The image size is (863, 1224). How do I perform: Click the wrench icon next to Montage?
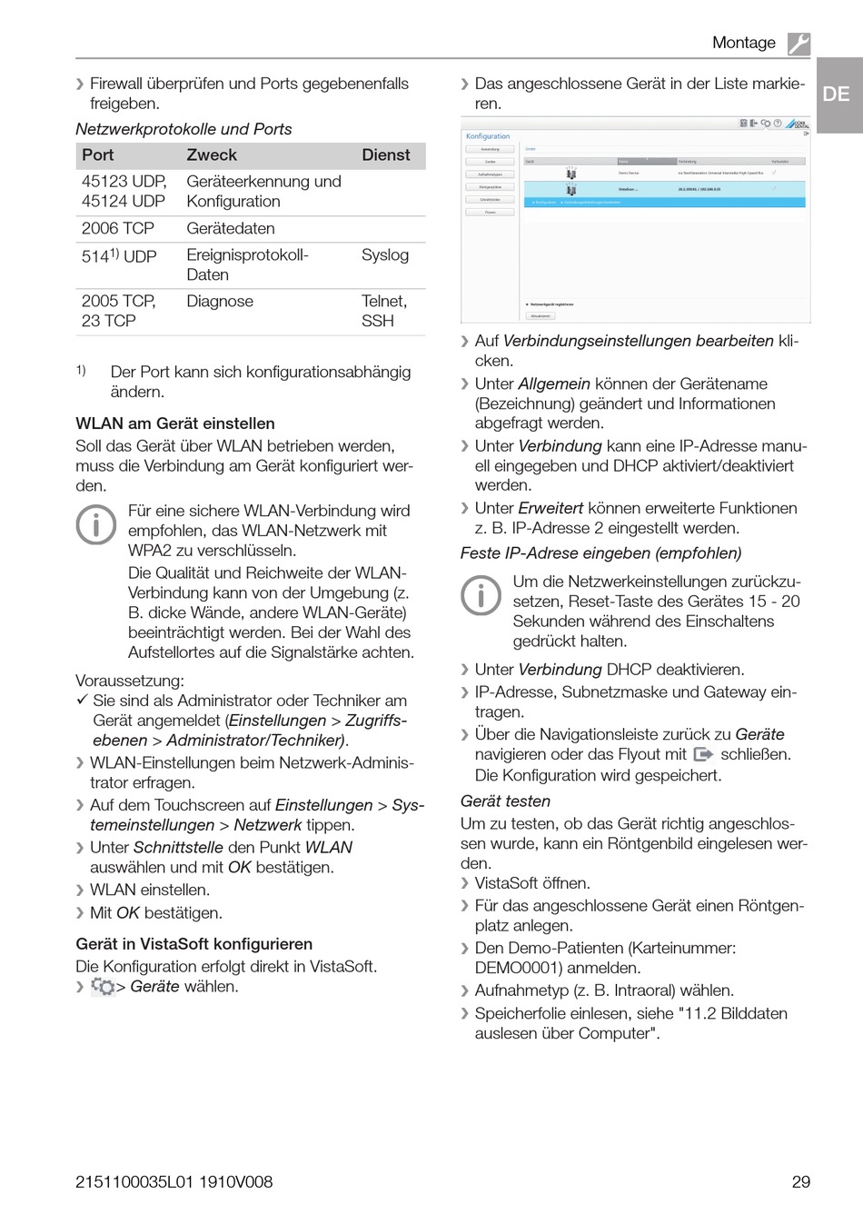(799, 43)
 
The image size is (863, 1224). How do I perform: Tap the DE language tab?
(837, 94)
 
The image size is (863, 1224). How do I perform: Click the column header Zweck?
(212, 155)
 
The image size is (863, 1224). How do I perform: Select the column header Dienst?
(386, 155)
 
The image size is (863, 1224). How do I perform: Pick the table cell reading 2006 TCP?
(118, 228)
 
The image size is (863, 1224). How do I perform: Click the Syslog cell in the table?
(385, 255)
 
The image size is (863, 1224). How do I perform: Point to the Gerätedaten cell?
(231, 228)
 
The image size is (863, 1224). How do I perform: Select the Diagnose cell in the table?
(220, 301)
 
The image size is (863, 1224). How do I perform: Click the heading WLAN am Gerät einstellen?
(175, 423)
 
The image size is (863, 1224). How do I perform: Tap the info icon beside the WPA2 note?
(96, 524)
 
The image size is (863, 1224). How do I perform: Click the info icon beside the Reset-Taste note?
(481, 595)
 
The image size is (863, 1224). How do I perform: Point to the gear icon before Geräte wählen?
(103, 987)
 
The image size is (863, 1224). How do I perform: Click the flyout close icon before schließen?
(703, 754)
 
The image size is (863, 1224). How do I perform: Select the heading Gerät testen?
(505, 801)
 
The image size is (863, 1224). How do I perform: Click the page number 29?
(800, 1182)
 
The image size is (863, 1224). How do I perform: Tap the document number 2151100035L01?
(136, 1182)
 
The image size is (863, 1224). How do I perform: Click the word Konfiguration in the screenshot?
(488, 136)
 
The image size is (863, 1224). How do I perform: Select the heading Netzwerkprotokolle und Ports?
(184, 129)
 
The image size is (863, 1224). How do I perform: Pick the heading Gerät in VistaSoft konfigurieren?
(194, 944)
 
